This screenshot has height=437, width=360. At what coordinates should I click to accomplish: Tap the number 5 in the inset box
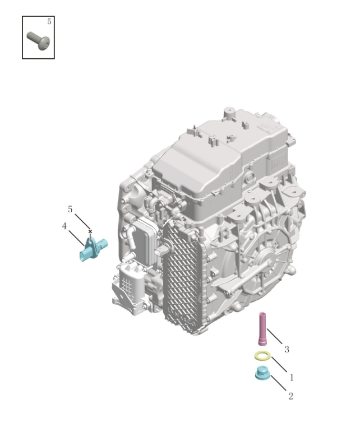click(x=49, y=21)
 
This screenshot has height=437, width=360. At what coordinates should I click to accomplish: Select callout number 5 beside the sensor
click(x=70, y=209)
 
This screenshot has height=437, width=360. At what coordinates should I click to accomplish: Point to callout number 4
click(x=64, y=226)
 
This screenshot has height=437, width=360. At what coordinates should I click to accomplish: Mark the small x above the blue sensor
click(x=90, y=231)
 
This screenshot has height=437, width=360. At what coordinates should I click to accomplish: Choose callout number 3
click(x=287, y=350)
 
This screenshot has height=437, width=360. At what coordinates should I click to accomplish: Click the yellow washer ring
click(x=262, y=356)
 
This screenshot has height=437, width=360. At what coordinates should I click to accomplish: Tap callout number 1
click(x=291, y=378)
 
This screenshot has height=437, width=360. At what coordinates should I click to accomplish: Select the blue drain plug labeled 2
click(x=262, y=374)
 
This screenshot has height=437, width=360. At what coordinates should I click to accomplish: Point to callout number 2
click(x=290, y=396)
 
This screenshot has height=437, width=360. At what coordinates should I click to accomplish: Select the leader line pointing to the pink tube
click(x=276, y=338)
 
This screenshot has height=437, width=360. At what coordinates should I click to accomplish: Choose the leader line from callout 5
click(x=81, y=220)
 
